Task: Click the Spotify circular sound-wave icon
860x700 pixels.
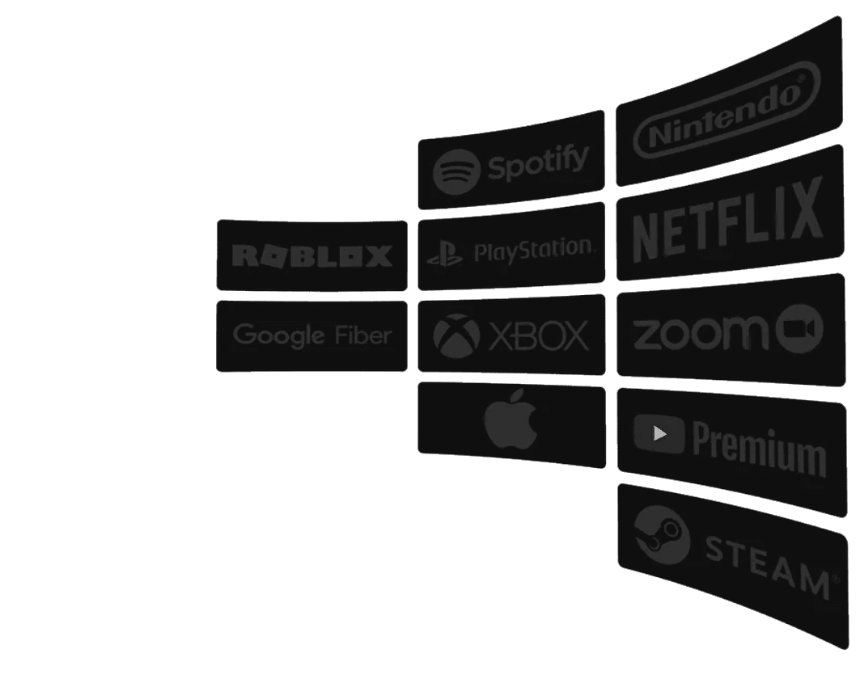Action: pyautogui.click(x=455, y=172)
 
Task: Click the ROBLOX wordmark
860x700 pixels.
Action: pyautogui.click(x=312, y=256)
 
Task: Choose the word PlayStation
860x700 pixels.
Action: pyautogui.click(x=533, y=249)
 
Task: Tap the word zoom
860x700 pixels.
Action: pyautogui.click(x=700, y=331)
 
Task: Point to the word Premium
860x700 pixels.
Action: pyautogui.click(x=759, y=447)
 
